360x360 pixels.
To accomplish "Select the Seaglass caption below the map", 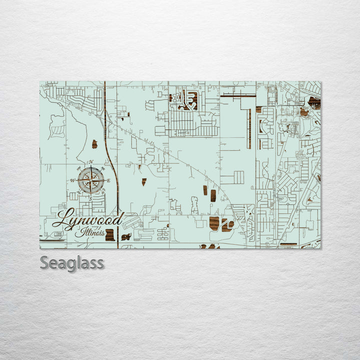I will [72, 262].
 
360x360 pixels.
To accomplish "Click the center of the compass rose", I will [91, 179].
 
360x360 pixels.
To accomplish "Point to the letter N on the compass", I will [91, 161].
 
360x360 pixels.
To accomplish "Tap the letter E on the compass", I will [108, 180].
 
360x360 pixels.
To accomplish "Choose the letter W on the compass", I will [72, 180].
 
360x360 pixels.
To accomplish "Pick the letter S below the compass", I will [90, 198].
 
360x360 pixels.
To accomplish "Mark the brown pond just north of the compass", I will [94, 144].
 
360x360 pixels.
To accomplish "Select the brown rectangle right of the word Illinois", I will [110, 234].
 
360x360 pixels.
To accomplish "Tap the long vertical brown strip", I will [248, 129].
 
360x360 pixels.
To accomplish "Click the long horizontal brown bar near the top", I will [238, 94].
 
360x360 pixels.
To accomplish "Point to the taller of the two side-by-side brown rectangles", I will [213, 195].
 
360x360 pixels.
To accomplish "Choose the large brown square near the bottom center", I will [214, 223].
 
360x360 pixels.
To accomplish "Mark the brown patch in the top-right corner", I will [314, 102].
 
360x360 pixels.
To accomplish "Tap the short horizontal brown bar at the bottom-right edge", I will [288, 244].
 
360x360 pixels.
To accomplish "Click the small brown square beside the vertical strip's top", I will [258, 109].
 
